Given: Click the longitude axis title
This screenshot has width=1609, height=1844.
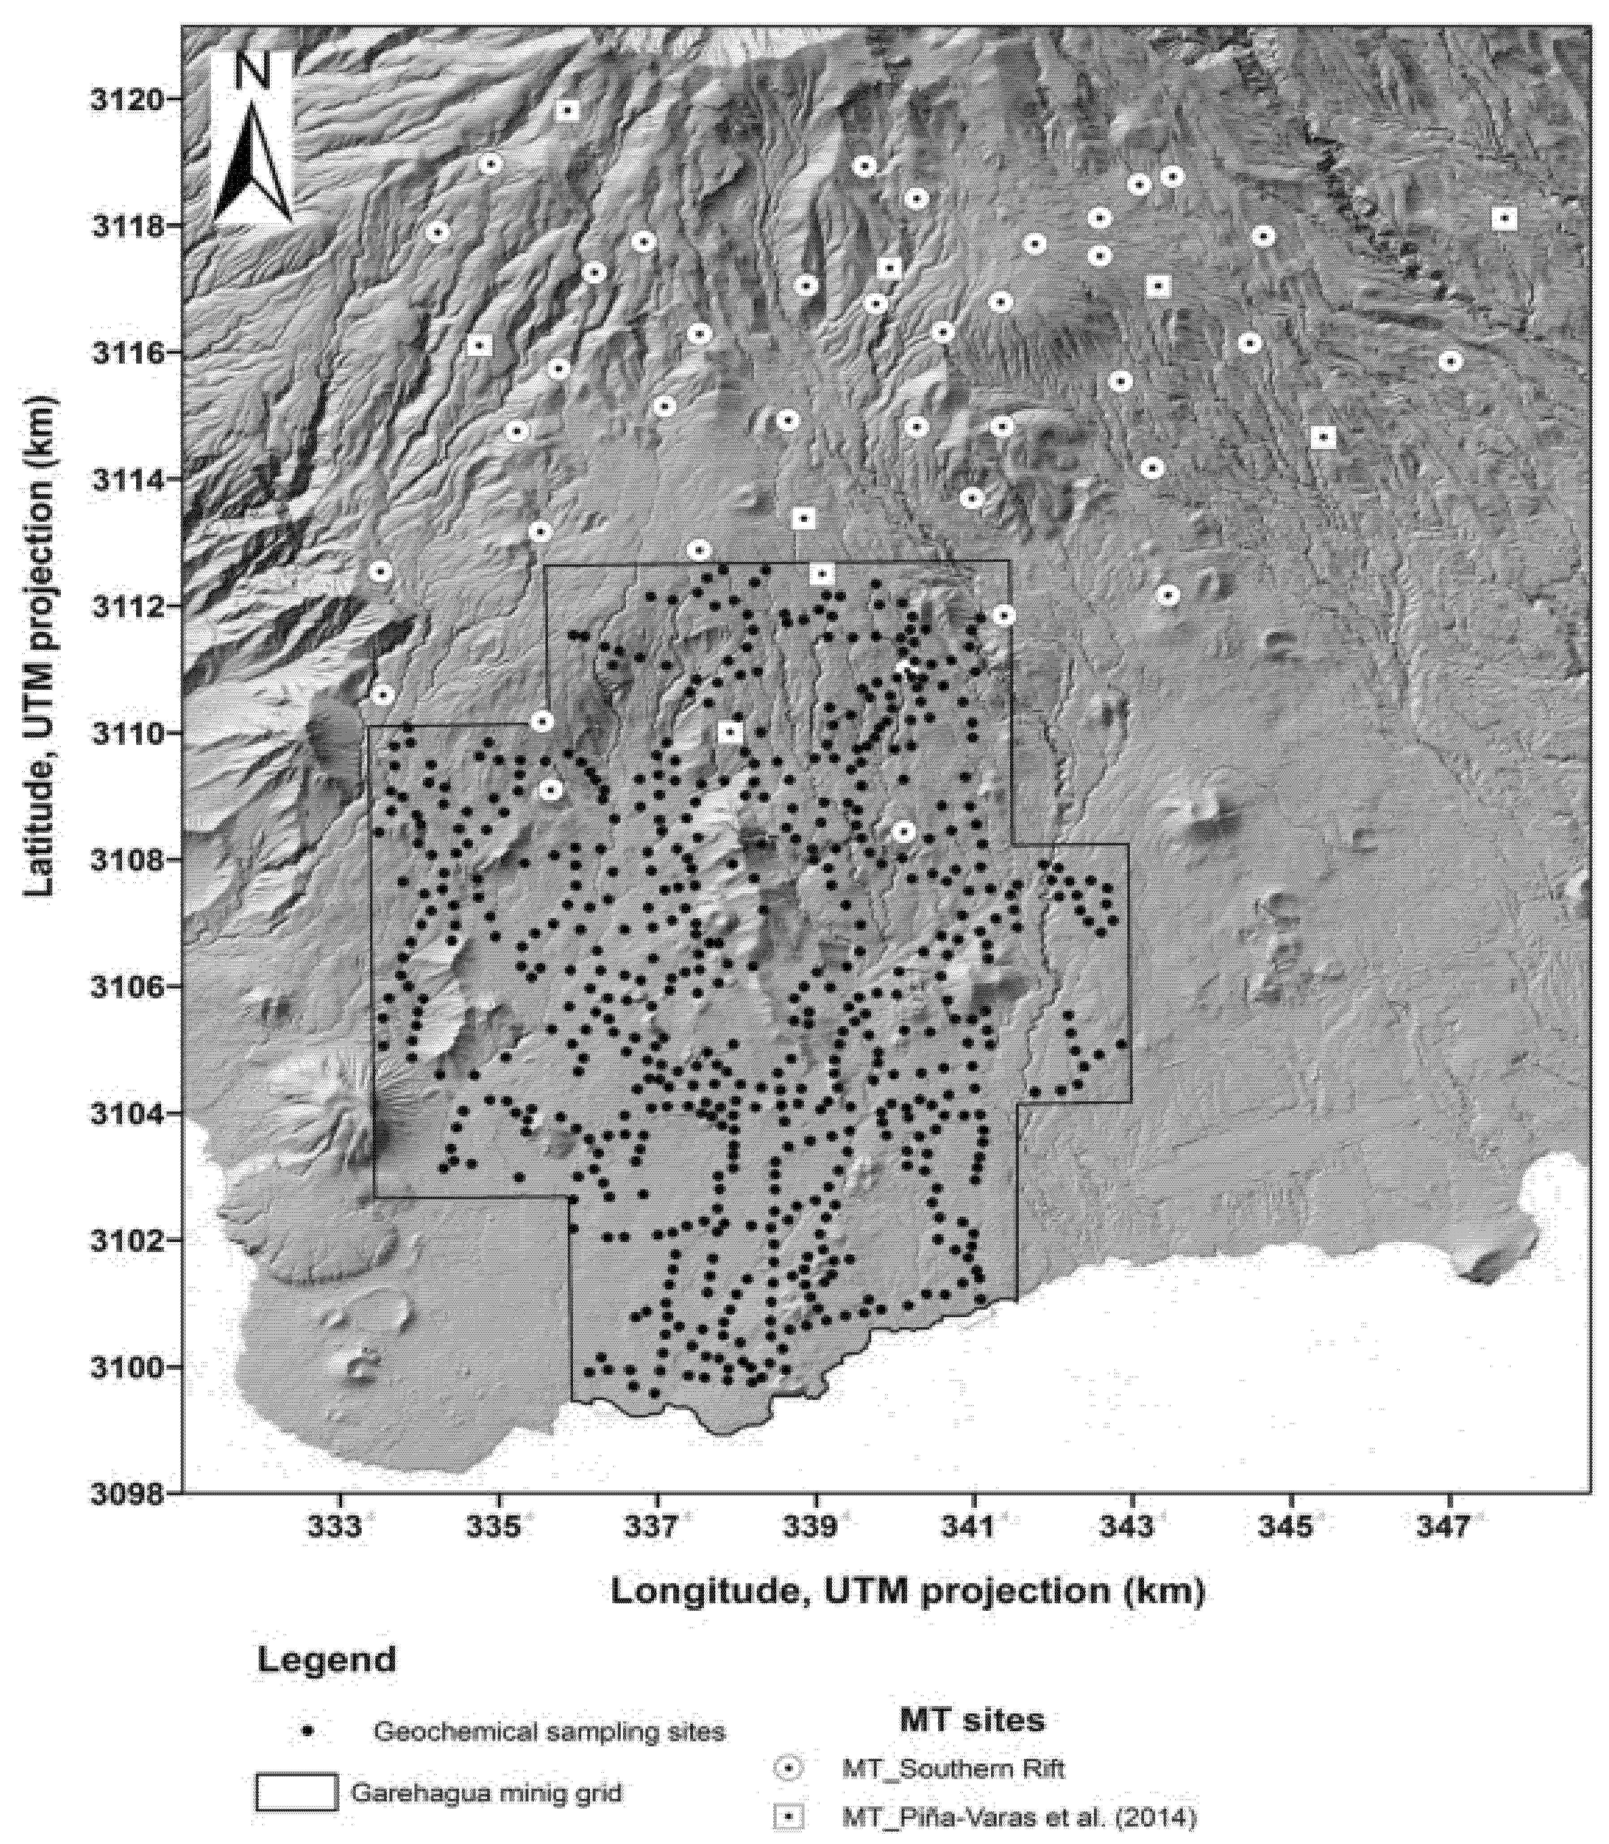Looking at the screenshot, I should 907,1591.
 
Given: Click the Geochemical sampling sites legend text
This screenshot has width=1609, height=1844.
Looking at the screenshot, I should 549,1731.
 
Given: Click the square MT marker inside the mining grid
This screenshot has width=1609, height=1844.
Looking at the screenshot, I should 731,732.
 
